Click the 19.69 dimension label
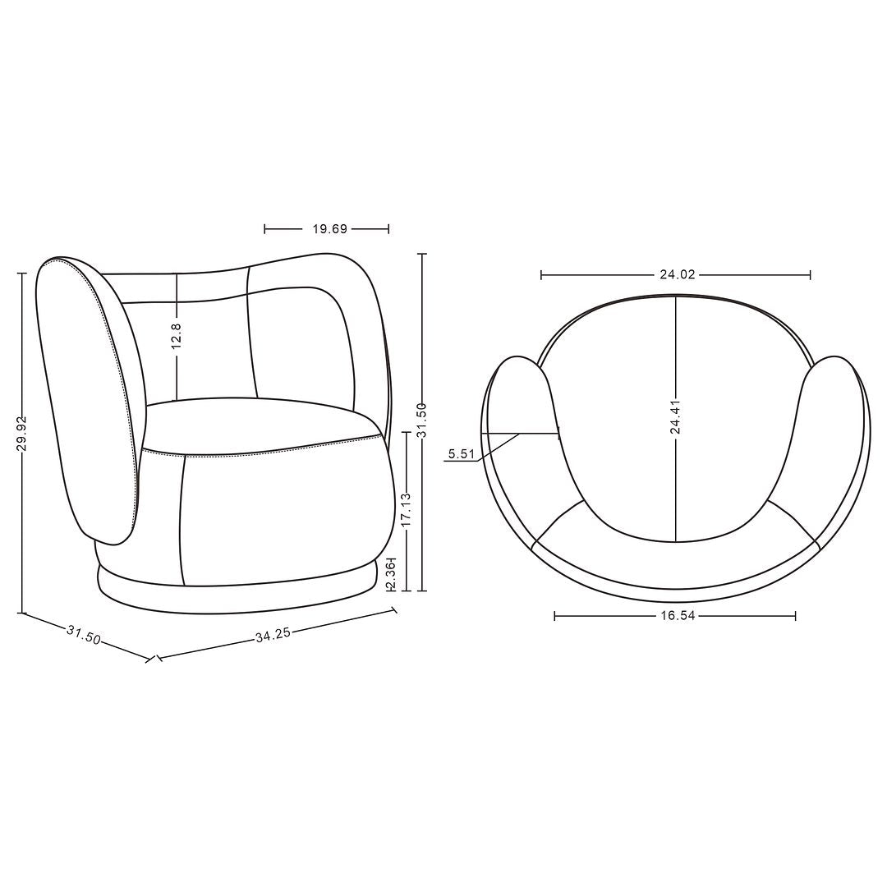click(x=329, y=229)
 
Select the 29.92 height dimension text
click(x=22, y=434)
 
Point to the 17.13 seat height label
click(x=407, y=510)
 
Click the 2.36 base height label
click(x=390, y=574)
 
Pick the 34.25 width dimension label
click(x=273, y=635)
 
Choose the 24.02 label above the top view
click(x=677, y=275)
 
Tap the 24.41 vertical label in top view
click(x=675, y=417)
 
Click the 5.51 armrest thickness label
click(x=461, y=453)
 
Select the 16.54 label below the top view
click(x=677, y=615)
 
